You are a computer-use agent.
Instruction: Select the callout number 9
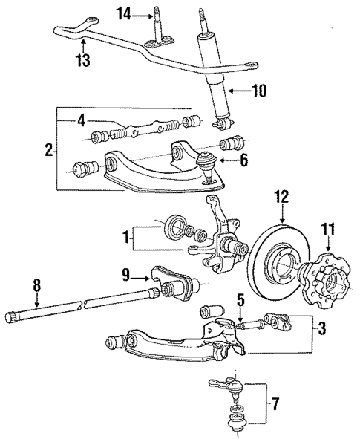click(127, 276)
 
